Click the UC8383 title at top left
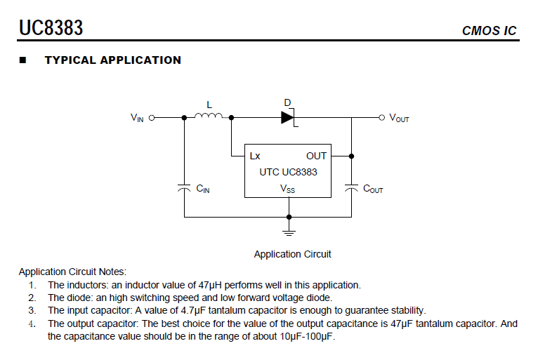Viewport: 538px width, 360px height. point(51,28)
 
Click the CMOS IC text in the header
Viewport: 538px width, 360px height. point(489,31)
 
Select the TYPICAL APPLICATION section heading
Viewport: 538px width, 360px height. point(113,60)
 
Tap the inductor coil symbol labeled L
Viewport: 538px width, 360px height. point(209,116)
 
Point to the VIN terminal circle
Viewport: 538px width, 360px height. point(152,118)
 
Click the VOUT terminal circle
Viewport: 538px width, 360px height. point(382,118)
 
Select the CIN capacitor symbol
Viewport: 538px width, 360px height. point(184,187)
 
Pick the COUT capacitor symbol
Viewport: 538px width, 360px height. point(351,187)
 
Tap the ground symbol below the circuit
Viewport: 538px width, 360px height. point(289,233)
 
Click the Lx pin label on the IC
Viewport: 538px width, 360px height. point(255,156)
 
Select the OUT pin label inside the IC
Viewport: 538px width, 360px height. point(316,156)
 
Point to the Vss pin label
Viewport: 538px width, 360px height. point(287,189)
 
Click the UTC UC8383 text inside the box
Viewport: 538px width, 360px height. point(288,172)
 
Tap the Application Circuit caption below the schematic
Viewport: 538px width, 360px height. point(292,254)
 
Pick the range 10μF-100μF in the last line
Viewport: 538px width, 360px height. point(306,336)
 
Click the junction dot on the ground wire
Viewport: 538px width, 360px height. point(289,217)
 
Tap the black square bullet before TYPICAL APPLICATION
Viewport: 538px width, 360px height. point(23,60)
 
